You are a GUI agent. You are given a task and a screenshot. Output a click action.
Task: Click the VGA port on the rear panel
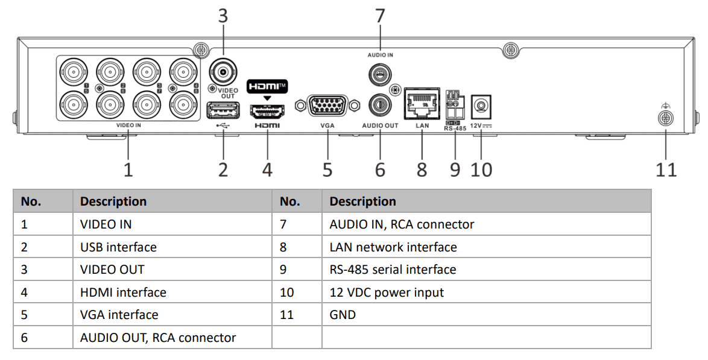coord(327,106)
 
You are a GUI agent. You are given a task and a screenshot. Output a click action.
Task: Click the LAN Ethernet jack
coord(422,104)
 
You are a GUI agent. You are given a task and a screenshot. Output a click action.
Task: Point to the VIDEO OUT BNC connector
coord(223,72)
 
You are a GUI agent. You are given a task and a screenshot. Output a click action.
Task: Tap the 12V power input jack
coord(481,106)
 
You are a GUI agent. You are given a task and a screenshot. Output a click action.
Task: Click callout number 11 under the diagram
coord(666,169)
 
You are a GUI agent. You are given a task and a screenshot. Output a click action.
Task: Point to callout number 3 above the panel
coord(223,16)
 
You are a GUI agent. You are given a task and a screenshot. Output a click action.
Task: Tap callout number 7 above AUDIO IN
coord(380,16)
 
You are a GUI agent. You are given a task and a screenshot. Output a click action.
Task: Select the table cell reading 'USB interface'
coord(118,247)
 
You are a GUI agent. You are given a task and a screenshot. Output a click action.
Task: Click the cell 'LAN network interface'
coord(393,247)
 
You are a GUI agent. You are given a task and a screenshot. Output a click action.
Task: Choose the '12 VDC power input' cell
coord(387,292)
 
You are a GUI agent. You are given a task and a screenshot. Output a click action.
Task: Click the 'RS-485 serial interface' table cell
coord(393,270)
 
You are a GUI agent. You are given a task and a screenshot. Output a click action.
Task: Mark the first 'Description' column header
coord(113,201)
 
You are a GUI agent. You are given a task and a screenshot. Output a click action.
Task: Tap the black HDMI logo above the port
coord(267,86)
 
